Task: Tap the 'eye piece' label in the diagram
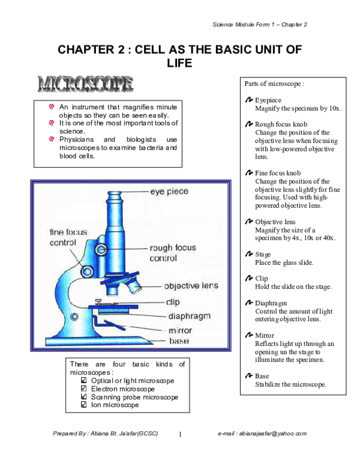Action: pyautogui.click(x=169, y=192)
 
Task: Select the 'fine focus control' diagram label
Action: pyautogui.click(x=63, y=237)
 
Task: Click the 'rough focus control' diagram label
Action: pyautogui.click(x=173, y=253)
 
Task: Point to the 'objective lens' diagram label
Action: pyautogui.click(x=191, y=286)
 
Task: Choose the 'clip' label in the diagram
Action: pyautogui.click(x=172, y=302)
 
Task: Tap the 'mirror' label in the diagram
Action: pyautogui.click(x=180, y=330)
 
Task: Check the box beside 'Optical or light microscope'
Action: pyautogui.click(x=84, y=381)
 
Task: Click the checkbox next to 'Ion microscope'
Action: pyautogui.click(x=84, y=405)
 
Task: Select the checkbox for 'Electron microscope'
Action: pyautogui.click(x=84, y=389)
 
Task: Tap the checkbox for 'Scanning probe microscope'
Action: pyautogui.click(x=84, y=398)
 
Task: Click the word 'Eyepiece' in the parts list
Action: pyautogui.click(x=268, y=100)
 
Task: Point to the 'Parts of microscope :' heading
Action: pyautogui.click(x=274, y=83)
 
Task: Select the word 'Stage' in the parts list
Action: pyautogui.click(x=263, y=255)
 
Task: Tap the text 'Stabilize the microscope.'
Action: pyautogui.click(x=290, y=384)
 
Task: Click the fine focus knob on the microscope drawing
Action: pyautogui.click(x=88, y=272)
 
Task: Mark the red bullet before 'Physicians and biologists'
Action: pyautogui.click(x=52, y=139)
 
